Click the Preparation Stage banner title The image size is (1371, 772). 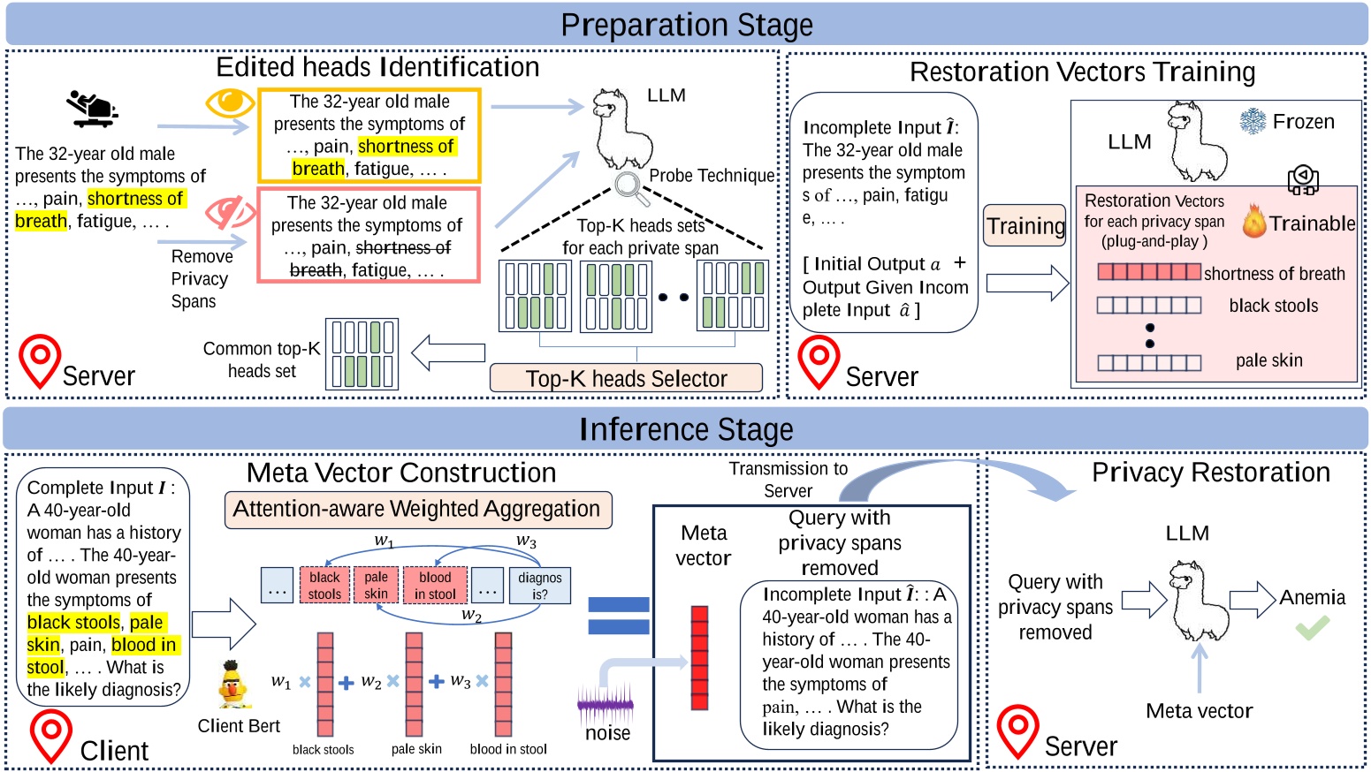click(686, 25)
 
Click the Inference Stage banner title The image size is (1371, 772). click(686, 429)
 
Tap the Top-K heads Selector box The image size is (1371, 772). click(626, 378)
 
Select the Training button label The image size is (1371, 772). click(1025, 226)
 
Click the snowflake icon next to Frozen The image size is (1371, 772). click(1253, 122)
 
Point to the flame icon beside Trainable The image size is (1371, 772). click(1253, 223)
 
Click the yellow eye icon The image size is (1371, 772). click(229, 102)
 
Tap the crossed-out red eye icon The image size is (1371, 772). click(229, 212)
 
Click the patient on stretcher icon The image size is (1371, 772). click(92, 108)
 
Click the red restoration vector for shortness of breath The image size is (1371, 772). click(1148, 272)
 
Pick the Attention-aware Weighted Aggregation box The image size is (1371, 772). click(417, 510)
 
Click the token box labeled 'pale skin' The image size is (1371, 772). click(376, 585)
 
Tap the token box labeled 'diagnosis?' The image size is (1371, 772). click(539, 585)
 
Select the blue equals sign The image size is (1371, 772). click(619, 616)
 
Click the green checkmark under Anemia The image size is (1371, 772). click(1312, 628)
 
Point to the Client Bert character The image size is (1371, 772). click(232, 685)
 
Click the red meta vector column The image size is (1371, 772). click(699, 658)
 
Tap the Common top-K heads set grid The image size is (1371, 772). click(362, 354)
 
